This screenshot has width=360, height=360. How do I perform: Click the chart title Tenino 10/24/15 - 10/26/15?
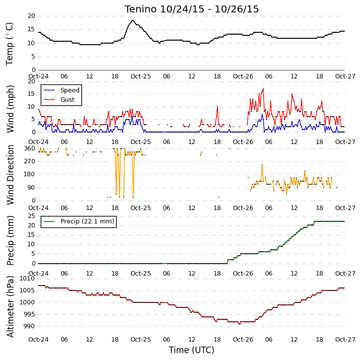pyautogui.click(x=192, y=9)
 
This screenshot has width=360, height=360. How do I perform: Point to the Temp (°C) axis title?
pyautogui.click(x=9, y=44)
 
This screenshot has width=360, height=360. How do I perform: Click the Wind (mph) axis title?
pyautogui.click(x=10, y=109)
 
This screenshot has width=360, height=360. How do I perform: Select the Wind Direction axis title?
pyautogui.click(x=10, y=175)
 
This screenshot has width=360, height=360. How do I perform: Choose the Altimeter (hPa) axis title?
pyautogui.click(x=10, y=306)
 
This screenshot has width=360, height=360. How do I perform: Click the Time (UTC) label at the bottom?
pyautogui.click(x=192, y=350)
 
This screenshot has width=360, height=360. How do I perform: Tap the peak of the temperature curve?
pyautogui.click(x=133, y=20)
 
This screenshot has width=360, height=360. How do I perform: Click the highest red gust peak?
pyautogui.click(x=263, y=88)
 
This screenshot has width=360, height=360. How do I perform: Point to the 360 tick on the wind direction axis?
pyautogui.click(x=29, y=148)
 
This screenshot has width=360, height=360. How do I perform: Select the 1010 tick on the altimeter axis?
pyautogui.click(x=27, y=279)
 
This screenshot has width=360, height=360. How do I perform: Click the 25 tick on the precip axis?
pyautogui.click(x=31, y=216)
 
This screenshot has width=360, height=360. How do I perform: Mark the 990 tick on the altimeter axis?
pyautogui.click(x=29, y=326)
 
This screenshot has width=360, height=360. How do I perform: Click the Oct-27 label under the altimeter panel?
pyautogui.click(x=345, y=339)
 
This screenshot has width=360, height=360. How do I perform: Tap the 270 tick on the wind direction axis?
pyautogui.click(x=29, y=161)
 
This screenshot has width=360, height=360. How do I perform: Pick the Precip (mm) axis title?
pyautogui.click(x=10, y=241)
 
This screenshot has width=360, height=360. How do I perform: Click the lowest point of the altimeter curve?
pyautogui.click(x=240, y=324)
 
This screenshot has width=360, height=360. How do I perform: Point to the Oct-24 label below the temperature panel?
pyautogui.click(x=39, y=76)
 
